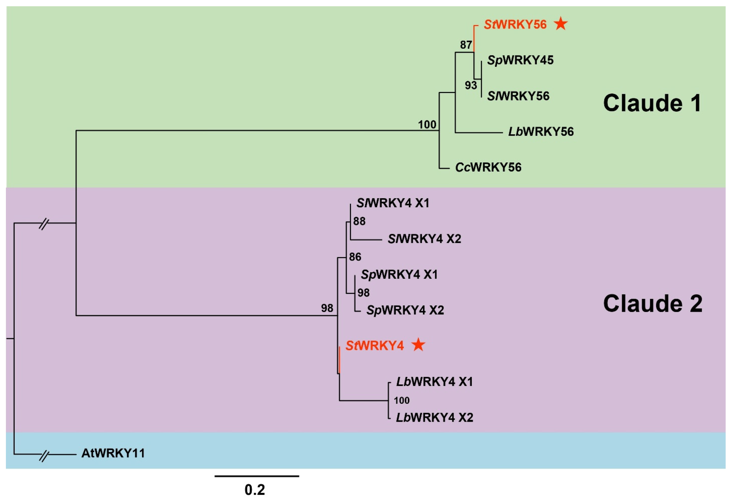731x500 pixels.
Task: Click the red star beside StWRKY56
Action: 561,24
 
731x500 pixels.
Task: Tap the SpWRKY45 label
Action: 520,60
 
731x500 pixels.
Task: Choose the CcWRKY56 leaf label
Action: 488,167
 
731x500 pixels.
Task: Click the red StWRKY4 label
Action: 374,346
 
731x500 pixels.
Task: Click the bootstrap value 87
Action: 466,45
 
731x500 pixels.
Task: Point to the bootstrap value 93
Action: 471,85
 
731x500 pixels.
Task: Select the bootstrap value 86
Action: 355,257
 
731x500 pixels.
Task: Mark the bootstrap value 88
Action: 359,221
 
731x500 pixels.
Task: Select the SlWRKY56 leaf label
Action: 518,96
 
